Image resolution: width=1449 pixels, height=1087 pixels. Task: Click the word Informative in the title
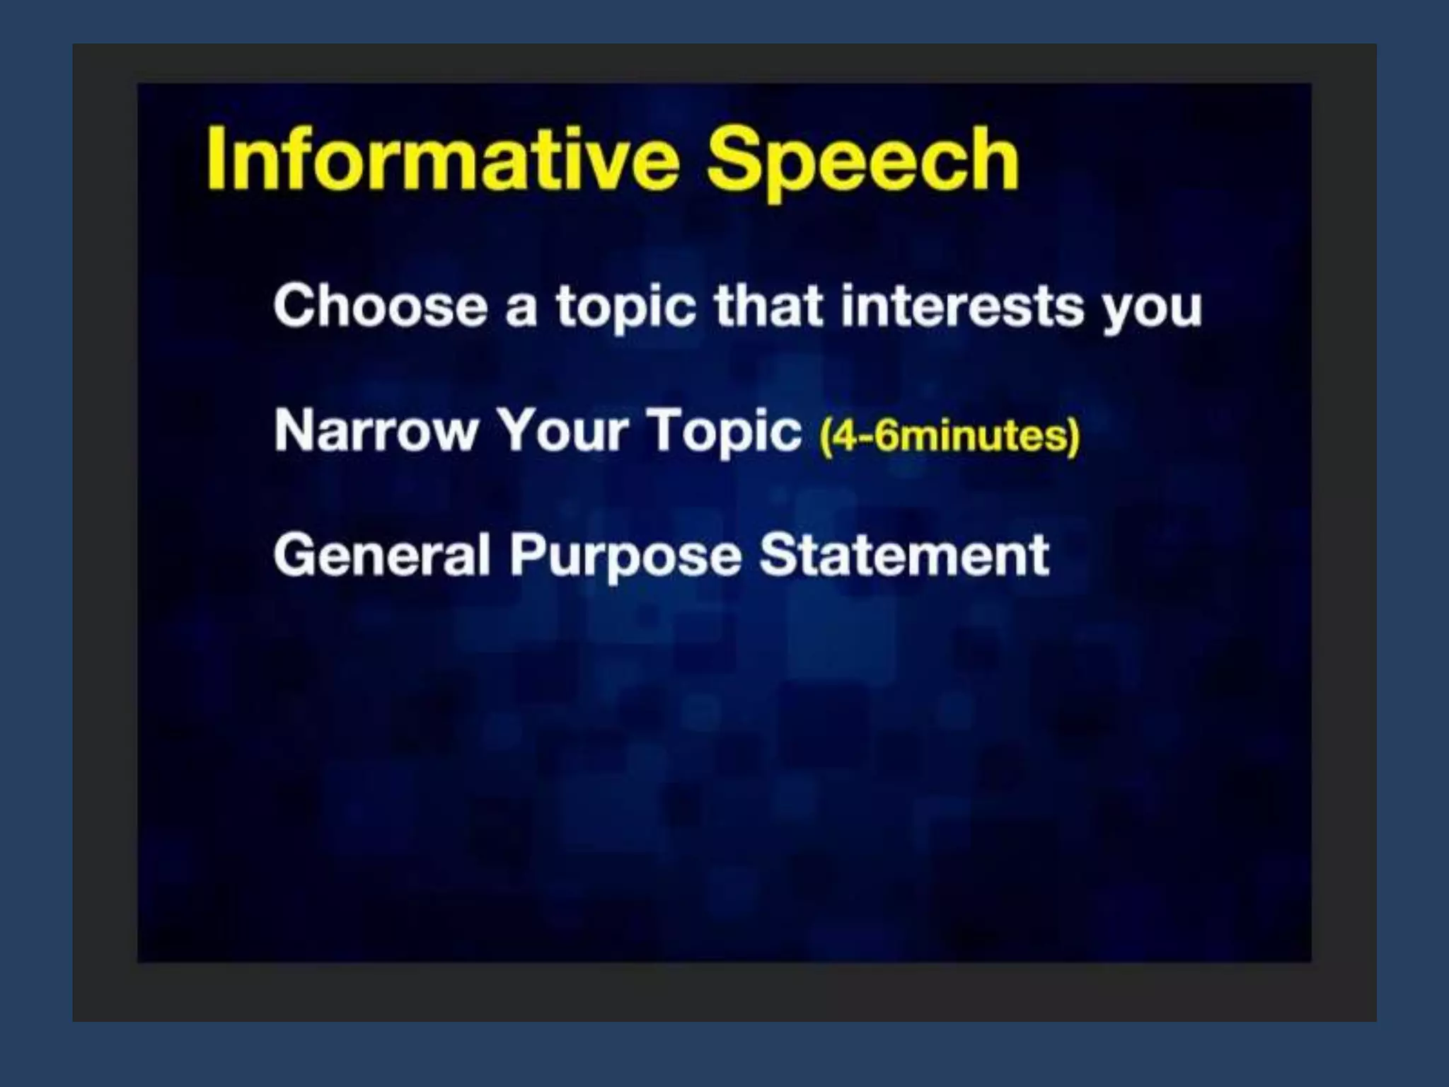[443, 159]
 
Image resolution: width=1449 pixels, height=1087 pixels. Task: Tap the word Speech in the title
[862, 161]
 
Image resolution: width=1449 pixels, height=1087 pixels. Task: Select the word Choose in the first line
[381, 306]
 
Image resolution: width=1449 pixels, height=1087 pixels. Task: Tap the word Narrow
[376, 430]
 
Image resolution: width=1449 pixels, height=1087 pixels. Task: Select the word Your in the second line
[562, 430]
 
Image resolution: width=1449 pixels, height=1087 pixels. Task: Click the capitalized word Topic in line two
[724, 432]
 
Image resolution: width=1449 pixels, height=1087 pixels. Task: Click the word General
[381, 555]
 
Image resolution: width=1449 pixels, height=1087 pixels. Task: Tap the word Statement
[904, 555]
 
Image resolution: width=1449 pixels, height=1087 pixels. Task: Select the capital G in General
[294, 555]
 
